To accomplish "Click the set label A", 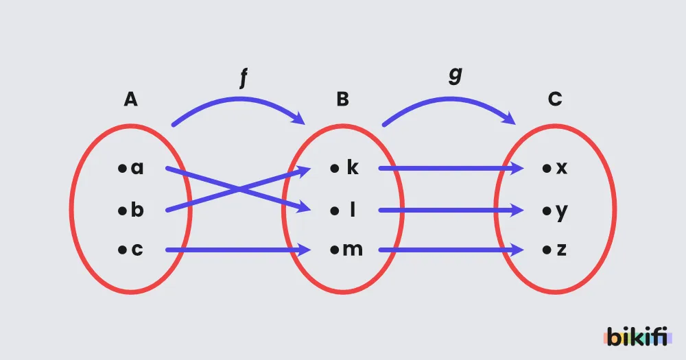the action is tap(130, 99).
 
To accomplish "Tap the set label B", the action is tap(342, 99).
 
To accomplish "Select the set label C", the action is tap(555, 99).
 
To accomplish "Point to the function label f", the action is tap(244, 78).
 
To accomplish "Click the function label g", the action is tap(456, 75).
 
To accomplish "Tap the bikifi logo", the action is tap(637, 337).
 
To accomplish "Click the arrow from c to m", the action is tap(238, 250).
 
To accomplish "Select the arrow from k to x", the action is tap(451, 168).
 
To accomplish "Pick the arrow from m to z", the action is tap(451, 250).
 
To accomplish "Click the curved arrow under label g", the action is tap(449, 99).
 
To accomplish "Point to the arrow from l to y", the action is tap(451, 211).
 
